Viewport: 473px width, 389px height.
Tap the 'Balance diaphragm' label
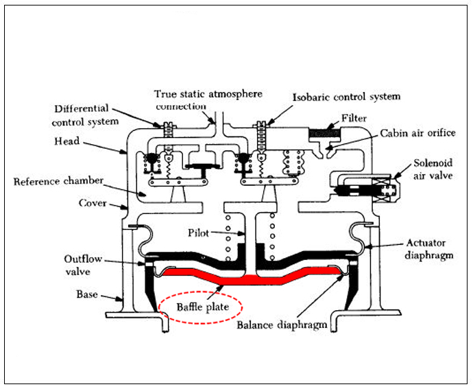(281, 325)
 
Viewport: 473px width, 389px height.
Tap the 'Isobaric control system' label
(346, 97)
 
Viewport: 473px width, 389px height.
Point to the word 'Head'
(66, 141)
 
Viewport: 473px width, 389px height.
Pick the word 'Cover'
(93, 203)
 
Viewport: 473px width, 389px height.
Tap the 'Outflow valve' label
(82, 265)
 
